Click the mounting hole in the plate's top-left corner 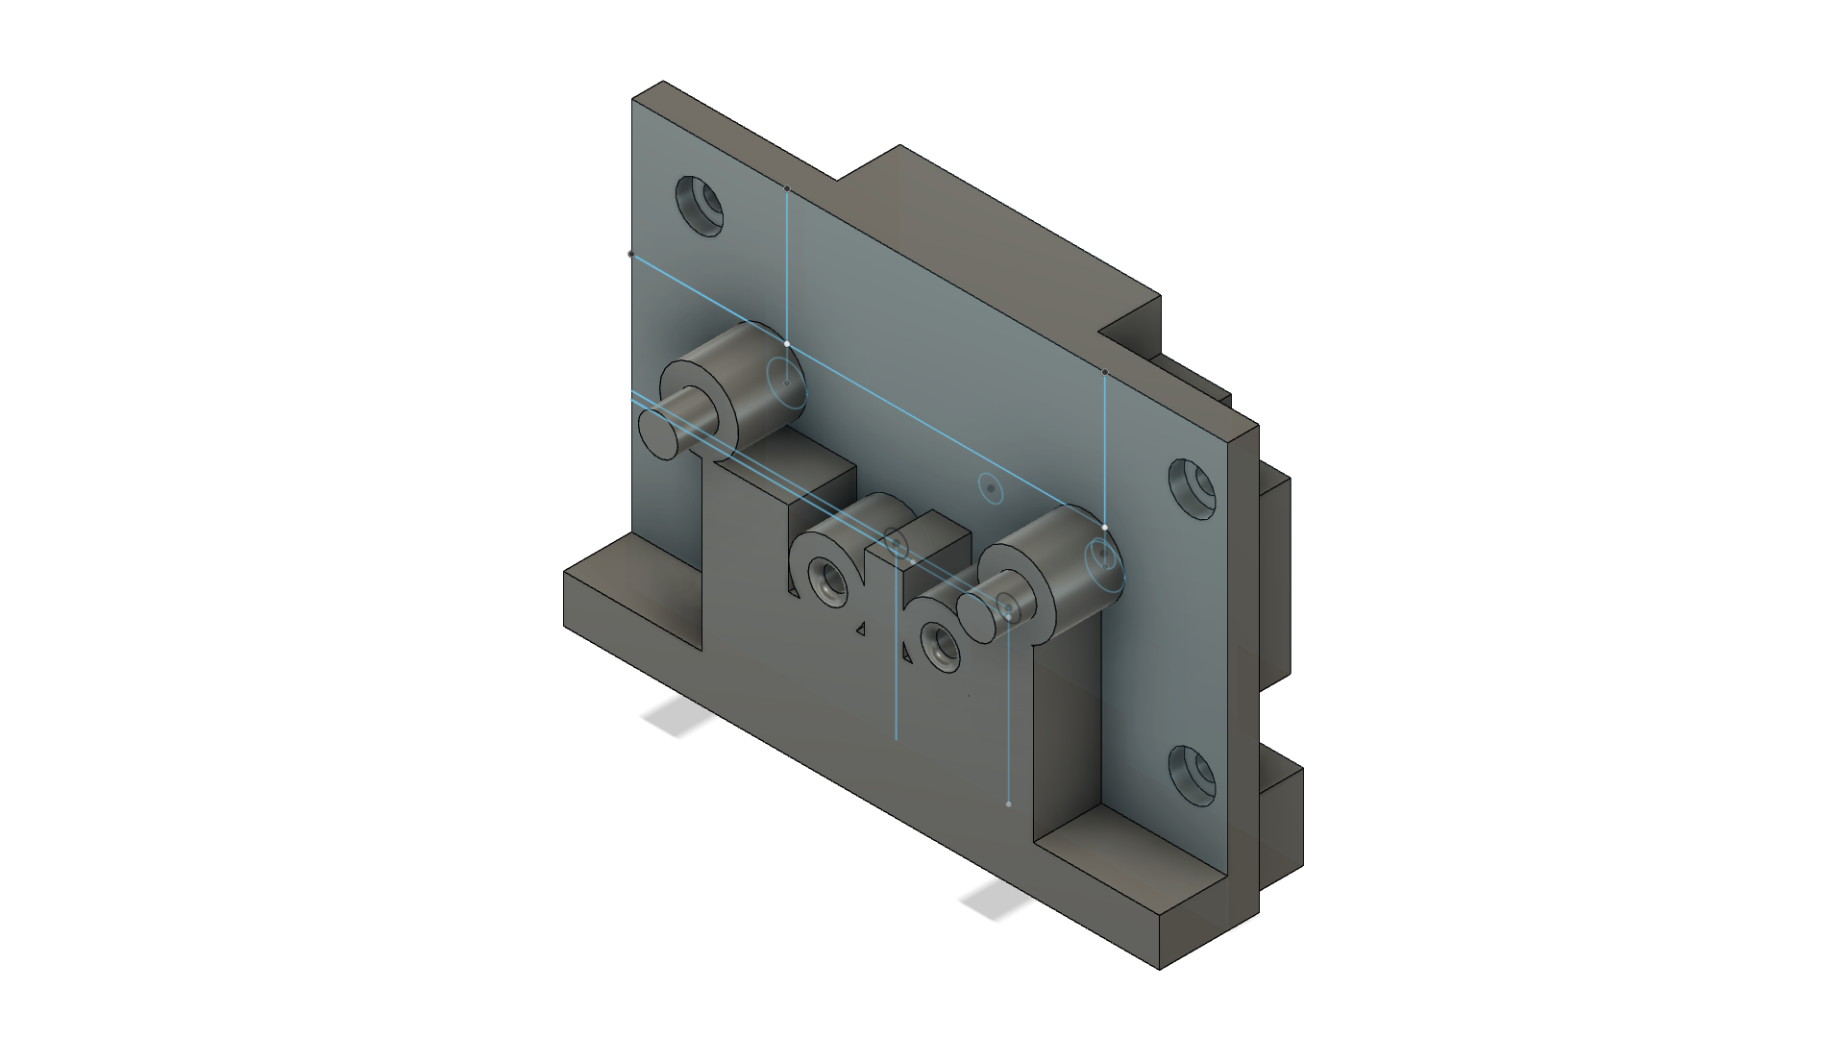pos(700,205)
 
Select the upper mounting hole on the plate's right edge pos(1193,487)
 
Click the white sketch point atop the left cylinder pos(787,343)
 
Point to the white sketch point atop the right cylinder pos(1105,527)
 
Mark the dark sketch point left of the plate pos(631,255)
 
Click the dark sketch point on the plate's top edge pos(787,188)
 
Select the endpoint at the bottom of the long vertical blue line pos(1008,803)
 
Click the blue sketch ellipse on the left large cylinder pos(785,383)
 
